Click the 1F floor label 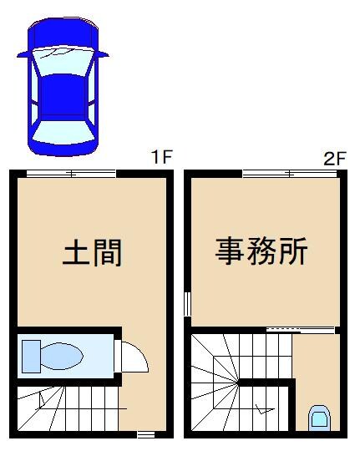[x=161, y=157]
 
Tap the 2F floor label [x=334, y=158]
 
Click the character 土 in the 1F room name [x=77, y=252]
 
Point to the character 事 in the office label [x=231, y=250]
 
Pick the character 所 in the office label [x=293, y=250]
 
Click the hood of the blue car [x=63, y=33]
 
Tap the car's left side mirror [x=22, y=55]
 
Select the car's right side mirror [x=104, y=54]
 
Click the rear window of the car [x=63, y=130]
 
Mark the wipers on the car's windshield [x=63, y=53]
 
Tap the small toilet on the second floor [x=318, y=416]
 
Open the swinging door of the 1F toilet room [x=134, y=357]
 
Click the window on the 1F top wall [x=71, y=173]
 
